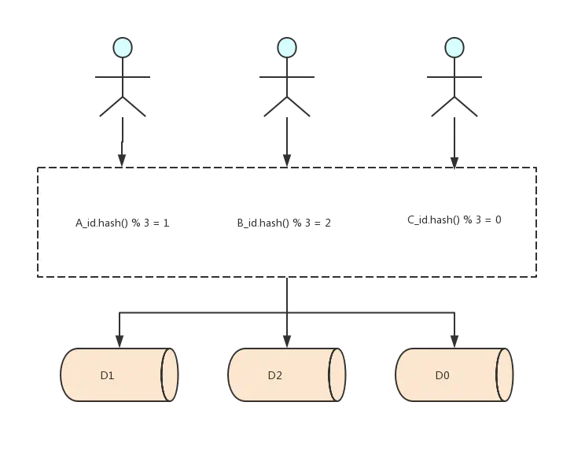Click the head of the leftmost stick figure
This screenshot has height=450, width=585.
(x=122, y=48)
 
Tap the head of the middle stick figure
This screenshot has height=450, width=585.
(x=287, y=48)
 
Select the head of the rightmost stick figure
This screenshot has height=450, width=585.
(x=454, y=48)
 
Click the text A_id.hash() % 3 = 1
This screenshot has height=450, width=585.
(x=123, y=223)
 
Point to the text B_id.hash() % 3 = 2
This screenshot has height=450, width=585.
(x=284, y=223)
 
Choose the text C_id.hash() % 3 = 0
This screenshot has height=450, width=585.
(x=454, y=219)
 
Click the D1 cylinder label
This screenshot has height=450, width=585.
(x=108, y=375)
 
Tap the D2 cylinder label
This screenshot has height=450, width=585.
(x=274, y=375)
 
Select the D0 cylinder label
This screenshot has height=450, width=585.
(x=443, y=375)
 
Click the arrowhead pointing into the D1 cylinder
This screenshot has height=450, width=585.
(x=120, y=341)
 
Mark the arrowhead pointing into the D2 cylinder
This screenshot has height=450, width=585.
(x=287, y=341)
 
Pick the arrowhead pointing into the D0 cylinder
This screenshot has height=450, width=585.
(x=454, y=341)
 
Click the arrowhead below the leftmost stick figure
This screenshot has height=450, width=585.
(x=122, y=160)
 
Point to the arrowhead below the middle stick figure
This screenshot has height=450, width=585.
(x=287, y=160)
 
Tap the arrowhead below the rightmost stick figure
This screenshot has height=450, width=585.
(x=454, y=162)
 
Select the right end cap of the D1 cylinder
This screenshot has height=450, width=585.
(x=169, y=374)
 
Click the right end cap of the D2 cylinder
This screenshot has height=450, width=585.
(x=337, y=374)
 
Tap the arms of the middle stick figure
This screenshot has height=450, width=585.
(x=287, y=77)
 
